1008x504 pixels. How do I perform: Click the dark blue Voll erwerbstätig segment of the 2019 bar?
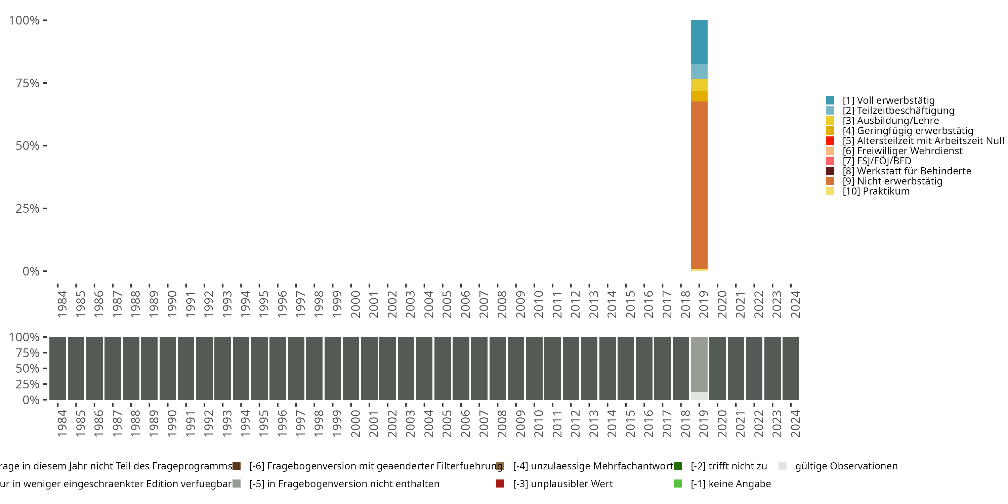(x=699, y=42)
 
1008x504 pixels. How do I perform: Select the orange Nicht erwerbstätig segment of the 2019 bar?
(x=699, y=184)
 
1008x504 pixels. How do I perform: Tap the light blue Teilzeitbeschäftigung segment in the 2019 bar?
(x=699, y=72)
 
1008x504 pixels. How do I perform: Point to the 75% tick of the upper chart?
(x=28, y=83)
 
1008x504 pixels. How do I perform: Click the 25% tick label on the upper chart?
(x=28, y=208)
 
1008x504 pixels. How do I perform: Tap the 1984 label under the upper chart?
(x=62, y=304)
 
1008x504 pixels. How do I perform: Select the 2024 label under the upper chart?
(x=795, y=304)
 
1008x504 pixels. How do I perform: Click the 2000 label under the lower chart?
(x=355, y=423)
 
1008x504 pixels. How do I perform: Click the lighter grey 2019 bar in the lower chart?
(x=699, y=364)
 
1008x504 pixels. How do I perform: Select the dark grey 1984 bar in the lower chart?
(x=57, y=368)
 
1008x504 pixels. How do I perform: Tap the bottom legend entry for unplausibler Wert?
(x=563, y=484)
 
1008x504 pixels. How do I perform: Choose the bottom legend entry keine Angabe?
(x=730, y=484)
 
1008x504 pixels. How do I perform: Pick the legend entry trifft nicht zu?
(x=728, y=466)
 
